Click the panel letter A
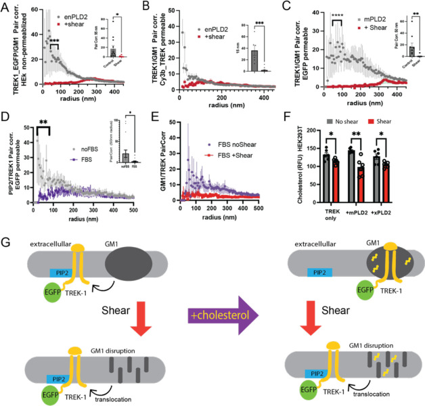[5, 7]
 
